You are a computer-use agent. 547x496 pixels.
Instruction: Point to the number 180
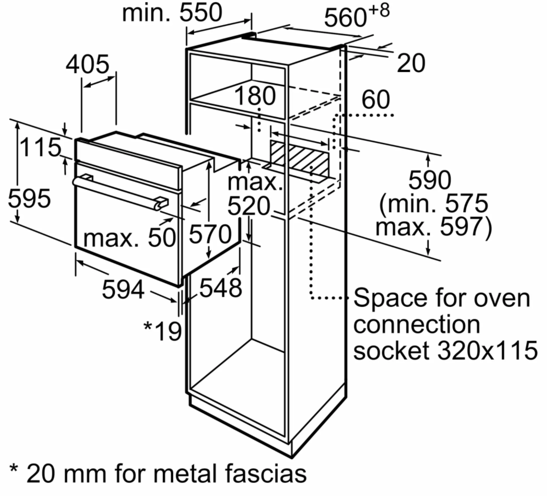click(255, 96)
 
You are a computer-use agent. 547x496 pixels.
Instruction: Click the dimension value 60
click(375, 99)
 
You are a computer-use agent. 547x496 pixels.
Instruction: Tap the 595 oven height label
click(29, 198)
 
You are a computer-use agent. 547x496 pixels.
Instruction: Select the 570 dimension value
click(210, 234)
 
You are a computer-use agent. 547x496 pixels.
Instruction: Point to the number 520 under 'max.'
click(249, 206)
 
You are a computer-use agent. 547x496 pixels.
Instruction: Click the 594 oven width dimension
click(123, 289)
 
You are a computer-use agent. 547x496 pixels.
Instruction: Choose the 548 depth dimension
click(221, 287)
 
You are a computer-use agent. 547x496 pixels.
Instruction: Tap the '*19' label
click(163, 331)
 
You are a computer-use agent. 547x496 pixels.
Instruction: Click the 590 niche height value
click(430, 180)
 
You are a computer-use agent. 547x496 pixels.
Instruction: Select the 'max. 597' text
click(433, 227)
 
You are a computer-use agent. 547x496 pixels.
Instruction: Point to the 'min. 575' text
click(433, 203)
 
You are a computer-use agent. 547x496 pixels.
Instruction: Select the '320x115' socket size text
click(487, 350)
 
